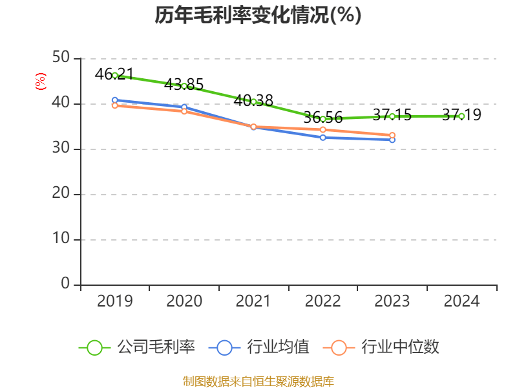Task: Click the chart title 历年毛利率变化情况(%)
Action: click(258, 16)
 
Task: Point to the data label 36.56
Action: click(322, 118)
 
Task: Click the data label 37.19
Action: click(461, 115)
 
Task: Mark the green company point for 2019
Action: click(115, 76)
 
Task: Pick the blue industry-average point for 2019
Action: click(115, 100)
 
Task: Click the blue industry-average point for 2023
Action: click(392, 140)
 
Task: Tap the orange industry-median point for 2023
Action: click(392, 135)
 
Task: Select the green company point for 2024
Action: click(461, 116)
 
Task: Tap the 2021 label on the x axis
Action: click(253, 301)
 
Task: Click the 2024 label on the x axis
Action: click(461, 301)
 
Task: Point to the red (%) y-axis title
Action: click(41, 81)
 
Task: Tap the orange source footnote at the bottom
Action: click(258, 381)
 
